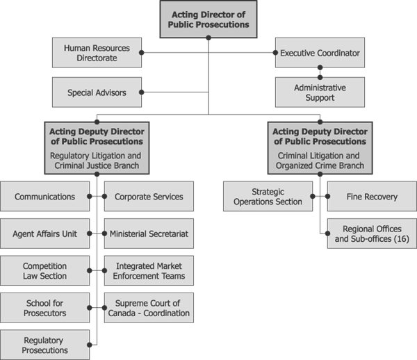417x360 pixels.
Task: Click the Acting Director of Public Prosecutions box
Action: [208, 19]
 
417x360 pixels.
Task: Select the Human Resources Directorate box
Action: [97, 53]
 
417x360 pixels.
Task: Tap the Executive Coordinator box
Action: [320, 53]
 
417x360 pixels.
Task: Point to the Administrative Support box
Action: [320, 92]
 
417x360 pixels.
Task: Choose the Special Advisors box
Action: [97, 92]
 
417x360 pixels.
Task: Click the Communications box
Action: [45, 197]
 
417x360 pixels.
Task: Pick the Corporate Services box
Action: [149, 197]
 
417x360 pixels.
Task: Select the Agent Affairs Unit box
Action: [45, 234]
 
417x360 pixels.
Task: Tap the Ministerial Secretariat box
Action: [149, 234]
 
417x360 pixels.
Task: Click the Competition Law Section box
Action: [45, 270]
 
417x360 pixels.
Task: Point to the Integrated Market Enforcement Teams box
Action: [149, 270]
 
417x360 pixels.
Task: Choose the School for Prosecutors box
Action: [45, 307]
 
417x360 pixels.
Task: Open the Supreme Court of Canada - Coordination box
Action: [149, 307]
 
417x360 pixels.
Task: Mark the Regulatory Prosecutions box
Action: [45, 345]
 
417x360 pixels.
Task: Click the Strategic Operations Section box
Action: [268, 197]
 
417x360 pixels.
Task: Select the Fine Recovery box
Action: [372, 197]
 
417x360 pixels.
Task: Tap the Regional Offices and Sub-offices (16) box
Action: [372, 234]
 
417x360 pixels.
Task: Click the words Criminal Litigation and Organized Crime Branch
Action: [320, 161]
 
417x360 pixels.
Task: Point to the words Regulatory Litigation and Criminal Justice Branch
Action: [97, 161]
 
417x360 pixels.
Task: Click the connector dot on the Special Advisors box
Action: [141, 92]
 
